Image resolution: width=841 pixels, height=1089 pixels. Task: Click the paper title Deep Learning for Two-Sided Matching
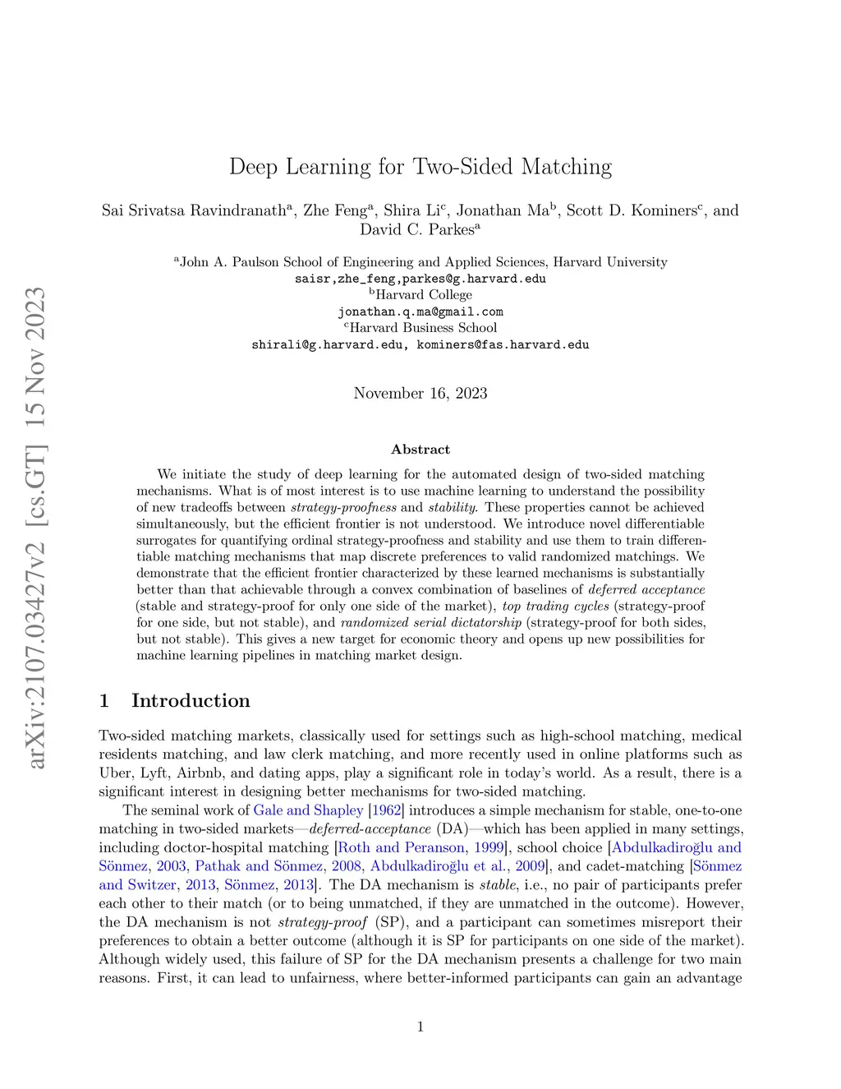[420, 167]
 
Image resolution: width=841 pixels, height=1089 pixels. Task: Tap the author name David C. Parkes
[416, 230]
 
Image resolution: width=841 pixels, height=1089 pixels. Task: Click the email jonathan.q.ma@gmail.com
[420, 312]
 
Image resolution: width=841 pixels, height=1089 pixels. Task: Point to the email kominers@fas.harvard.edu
[503, 345]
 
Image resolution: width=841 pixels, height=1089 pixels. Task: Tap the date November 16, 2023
[420, 393]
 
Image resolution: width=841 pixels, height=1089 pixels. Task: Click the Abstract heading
[420, 450]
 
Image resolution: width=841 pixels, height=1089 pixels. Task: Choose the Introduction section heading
[191, 700]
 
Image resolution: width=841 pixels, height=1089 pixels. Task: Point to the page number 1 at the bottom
[420, 1027]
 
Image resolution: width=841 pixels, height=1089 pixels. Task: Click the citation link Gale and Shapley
[308, 810]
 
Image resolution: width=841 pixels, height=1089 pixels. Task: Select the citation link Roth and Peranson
[402, 847]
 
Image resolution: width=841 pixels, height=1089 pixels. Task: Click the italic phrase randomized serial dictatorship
[430, 622]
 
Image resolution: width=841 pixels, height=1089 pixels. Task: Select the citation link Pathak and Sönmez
[259, 866]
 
